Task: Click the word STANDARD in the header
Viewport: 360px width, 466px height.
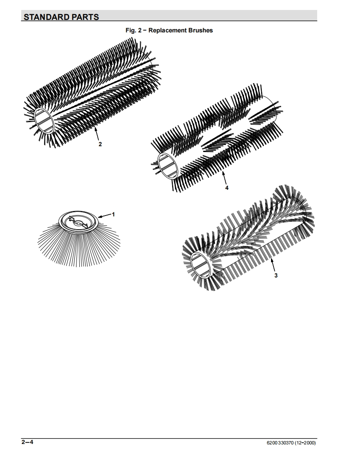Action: [x=46, y=17]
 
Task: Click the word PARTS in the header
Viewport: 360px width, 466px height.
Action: [x=84, y=17]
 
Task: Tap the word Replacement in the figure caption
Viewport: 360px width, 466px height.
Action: [x=168, y=30]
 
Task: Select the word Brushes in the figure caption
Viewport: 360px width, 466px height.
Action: [x=201, y=30]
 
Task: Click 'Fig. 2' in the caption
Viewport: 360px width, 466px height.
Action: [x=133, y=30]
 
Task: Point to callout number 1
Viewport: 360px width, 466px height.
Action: [x=113, y=214]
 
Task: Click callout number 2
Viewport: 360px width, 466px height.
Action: [x=100, y=144]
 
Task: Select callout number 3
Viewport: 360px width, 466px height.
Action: [x=276, y=275]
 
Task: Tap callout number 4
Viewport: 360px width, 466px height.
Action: [x=227, y=188]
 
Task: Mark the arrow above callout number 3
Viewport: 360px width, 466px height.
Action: [x=273, y=265]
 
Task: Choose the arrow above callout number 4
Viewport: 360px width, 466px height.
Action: [x=224, y=178]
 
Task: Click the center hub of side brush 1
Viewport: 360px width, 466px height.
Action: [x=78, y=222]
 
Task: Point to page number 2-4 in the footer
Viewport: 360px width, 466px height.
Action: [x=27, y=442]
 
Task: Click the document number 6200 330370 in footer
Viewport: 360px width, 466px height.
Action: [x=279, y=443]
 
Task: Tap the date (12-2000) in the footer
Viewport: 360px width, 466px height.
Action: [x=305, y=443]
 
